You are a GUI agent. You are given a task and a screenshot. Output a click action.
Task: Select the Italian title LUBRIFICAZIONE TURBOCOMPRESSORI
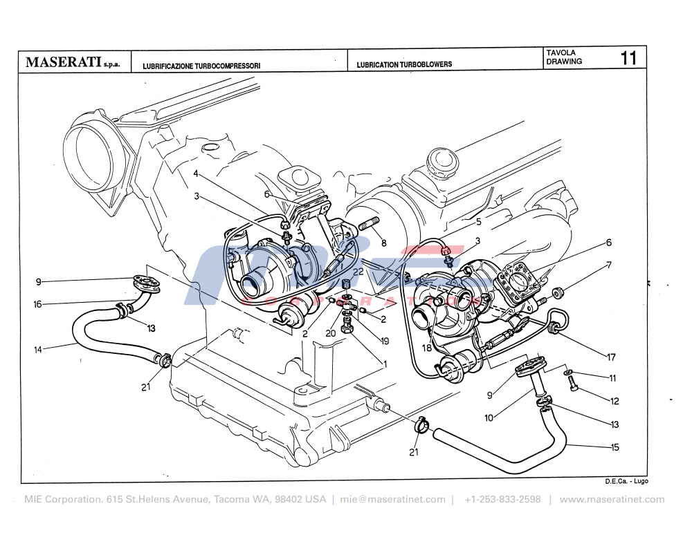point(201,65)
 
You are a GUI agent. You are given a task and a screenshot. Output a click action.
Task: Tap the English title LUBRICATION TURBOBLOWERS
point(404,64)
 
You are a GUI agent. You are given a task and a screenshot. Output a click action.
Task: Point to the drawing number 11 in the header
point(628,57)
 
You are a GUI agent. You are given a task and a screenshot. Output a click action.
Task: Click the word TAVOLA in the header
point(561,53)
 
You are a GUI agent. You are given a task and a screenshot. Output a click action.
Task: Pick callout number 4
point(196,173)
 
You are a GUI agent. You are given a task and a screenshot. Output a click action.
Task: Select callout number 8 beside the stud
point(383,243)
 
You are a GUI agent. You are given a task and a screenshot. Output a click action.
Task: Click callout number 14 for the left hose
point(37,350)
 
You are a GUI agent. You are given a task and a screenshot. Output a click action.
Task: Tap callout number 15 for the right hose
point(614,447)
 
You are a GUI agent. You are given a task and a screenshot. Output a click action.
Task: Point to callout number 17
point(611,357)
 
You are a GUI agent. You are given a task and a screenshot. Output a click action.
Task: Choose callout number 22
point(358,272)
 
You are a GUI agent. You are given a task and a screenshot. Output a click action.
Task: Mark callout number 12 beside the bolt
point(614,401)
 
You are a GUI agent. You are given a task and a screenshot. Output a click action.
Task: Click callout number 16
point(37,304)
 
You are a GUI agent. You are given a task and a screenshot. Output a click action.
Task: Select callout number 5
point(477,222)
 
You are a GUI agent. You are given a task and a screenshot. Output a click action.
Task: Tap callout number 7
point(609,265)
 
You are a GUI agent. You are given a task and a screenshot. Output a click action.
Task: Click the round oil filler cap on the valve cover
point(441,161)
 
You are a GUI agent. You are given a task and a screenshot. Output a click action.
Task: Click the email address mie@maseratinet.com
point(392,500)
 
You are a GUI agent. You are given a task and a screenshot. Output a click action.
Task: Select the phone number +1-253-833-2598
point(502,500)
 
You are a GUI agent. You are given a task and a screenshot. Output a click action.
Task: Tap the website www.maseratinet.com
point(612,500)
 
